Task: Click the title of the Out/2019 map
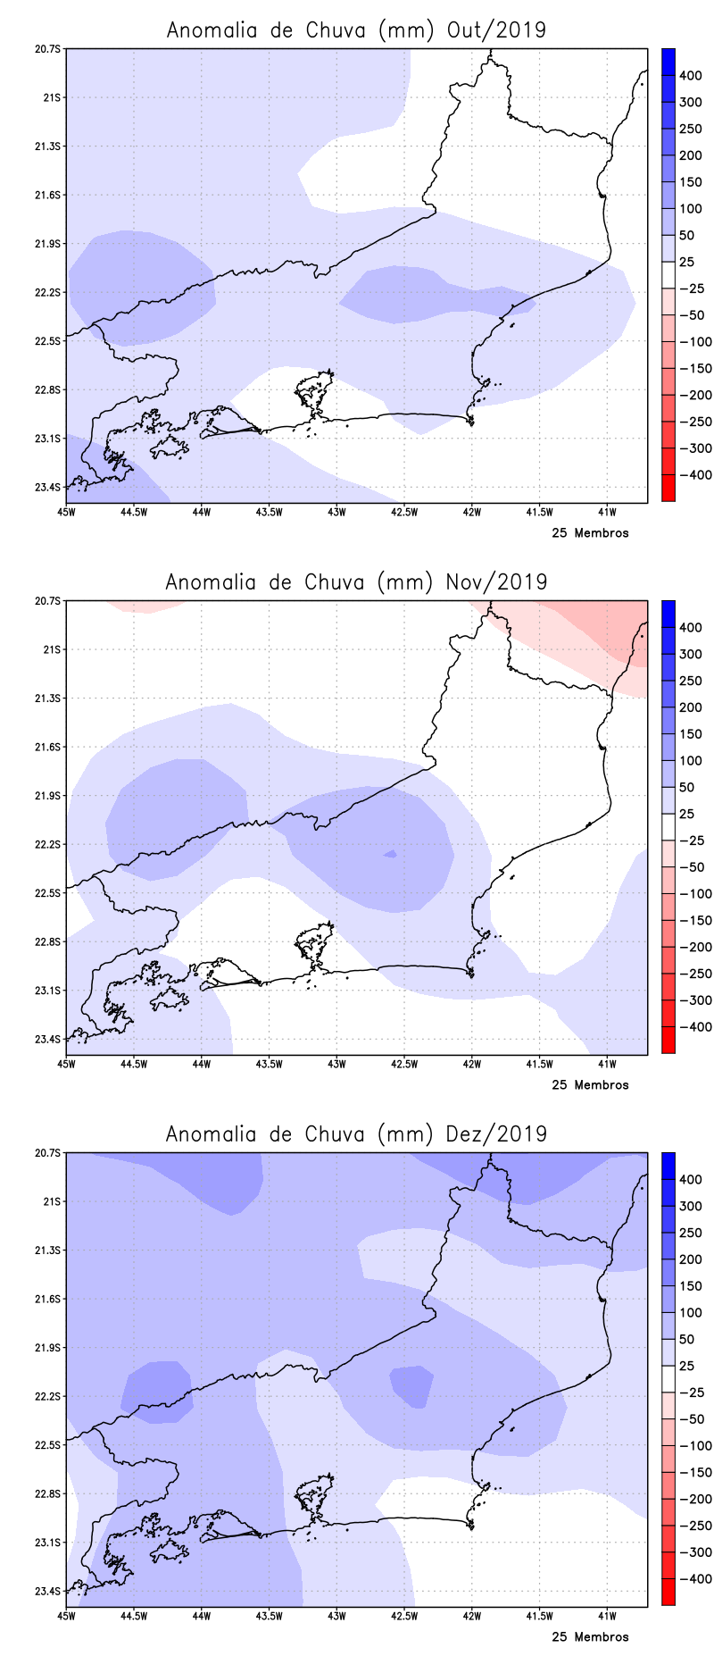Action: [356, 29]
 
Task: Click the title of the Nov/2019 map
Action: [356, 581]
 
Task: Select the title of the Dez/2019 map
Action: [356, 1133]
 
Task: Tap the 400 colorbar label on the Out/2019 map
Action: [690, 76]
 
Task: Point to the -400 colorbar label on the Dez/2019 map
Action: [695, 1579]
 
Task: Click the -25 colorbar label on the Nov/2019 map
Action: [691, 841]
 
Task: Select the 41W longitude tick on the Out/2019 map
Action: [607, 512]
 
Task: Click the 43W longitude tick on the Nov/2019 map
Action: [336, 1064]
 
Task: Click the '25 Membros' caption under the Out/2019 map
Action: [590, 533]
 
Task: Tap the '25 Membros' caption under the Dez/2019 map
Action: [590, 1637]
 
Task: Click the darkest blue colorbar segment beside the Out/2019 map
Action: [668, 61]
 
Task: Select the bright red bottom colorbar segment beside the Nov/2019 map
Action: [668, 1041]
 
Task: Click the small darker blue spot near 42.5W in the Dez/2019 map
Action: [412, 1385]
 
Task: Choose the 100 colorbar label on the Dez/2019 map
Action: [690, 1312]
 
